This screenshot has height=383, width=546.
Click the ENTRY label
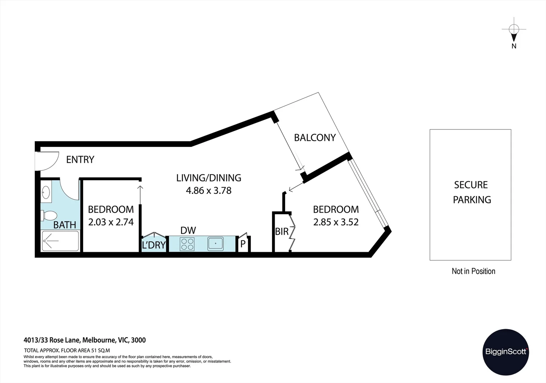point(80,160)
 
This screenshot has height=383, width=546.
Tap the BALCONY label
point(314,138)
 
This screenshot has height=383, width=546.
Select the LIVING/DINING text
point(209,178)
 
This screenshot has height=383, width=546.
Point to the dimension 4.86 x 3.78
point(209,190)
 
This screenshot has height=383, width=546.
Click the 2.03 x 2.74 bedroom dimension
point(111,222)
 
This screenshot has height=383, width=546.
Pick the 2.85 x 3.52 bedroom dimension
point(336,222)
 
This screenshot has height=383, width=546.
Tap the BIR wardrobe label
point(282,232)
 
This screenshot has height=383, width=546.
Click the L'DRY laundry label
point(154,245)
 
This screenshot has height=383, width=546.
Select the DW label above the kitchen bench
point(188,231)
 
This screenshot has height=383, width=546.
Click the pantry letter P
point(243,244)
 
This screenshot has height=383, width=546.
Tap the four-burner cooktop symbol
point(187,244)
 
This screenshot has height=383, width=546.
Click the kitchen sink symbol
point(215,244)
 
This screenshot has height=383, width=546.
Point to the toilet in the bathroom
point(49,215)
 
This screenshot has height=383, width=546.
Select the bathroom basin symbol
point(46,193)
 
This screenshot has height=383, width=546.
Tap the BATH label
point(64,225)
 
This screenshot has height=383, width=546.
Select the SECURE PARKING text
point(471,192)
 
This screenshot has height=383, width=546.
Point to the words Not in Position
point(473,271)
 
